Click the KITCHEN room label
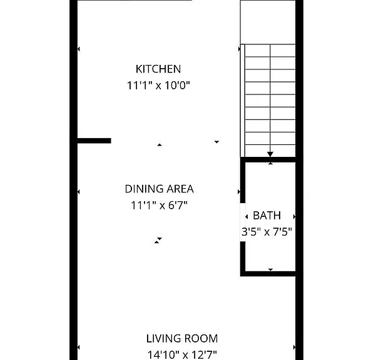158,69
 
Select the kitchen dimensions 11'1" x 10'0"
158,86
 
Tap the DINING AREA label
160,189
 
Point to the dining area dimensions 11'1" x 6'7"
160,205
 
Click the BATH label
267,216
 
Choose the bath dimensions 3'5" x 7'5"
267,232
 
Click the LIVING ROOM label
182,339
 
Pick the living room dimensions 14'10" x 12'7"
182,355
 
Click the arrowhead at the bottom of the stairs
270,154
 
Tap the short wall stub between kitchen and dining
94,141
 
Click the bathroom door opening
243,222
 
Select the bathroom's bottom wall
268,274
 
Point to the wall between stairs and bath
268,159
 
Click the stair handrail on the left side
243,101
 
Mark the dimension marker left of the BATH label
246,216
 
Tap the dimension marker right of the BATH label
294,216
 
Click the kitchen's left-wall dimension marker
79,49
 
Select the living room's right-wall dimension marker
294,347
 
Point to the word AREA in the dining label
180,189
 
